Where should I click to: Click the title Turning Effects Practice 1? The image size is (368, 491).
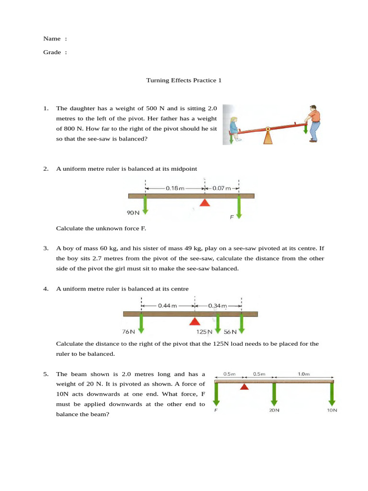pos(184,81)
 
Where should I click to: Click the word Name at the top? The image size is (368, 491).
pos(52,38)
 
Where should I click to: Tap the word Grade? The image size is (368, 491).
pos(52,52)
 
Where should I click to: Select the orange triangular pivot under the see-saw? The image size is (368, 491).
pos(267,137)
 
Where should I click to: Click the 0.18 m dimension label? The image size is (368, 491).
pos(175,188)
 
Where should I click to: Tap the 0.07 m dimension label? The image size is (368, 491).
pos(221,188)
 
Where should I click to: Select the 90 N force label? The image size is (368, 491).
pos(133,211)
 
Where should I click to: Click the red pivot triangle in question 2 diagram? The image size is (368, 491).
pos(205,203)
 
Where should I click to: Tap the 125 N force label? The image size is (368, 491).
pos(205,331)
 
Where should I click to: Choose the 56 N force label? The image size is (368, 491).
pos(230,331)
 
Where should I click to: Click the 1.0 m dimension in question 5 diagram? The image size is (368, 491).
pos(304,374)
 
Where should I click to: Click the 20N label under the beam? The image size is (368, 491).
pos(274,410)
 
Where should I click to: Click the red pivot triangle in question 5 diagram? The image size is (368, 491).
pos(244,387)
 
